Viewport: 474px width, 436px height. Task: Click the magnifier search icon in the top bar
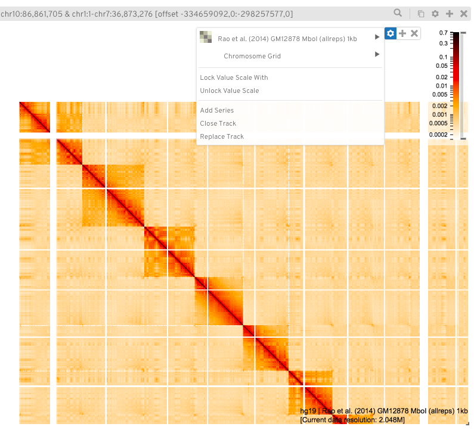pos(398,13)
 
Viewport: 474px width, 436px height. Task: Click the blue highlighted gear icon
pos(390,34)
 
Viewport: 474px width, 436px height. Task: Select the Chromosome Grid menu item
pos(252,56)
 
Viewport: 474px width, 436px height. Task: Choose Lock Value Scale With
pos(234,77)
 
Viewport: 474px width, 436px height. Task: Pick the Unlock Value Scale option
pos(229,91)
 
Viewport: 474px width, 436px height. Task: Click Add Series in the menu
pos(216,110)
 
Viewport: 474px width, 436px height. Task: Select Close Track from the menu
pos(218,123)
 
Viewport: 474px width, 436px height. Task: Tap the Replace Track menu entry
pos(222,136)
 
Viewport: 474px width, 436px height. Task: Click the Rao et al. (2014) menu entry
pos(287,39)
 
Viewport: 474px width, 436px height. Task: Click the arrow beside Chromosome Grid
pos(377,55)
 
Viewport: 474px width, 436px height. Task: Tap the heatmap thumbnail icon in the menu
pos(205,38)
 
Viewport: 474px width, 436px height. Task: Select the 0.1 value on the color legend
pos(443,57)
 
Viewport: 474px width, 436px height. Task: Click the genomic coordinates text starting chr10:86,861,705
pos(146,13)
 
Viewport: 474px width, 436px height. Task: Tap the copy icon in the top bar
pos(421,14)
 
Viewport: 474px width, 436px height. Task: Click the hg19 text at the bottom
pos(306,411)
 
